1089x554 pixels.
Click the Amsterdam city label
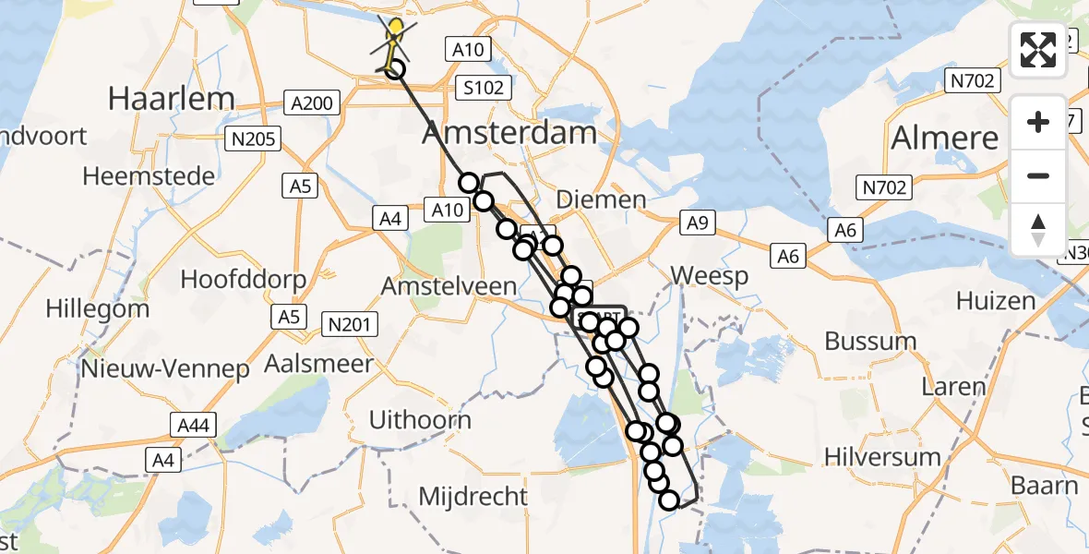pos(509,133)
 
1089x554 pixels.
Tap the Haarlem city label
pos(171,99)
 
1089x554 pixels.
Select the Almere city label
pos(944,138)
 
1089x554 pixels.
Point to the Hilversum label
pos(882,456)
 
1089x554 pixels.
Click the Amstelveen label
pos(449,286)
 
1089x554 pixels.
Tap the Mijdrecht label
pos(473,496)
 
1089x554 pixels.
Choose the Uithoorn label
pos(420,420)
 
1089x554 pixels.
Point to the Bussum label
pos(870,341)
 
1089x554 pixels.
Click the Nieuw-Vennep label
pos(165,369)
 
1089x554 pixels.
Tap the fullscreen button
pos(1038,50)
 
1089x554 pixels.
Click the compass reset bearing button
pos(1038,230)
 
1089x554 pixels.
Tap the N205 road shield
pos(253,139)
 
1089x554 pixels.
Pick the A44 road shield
pos(192,425)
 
